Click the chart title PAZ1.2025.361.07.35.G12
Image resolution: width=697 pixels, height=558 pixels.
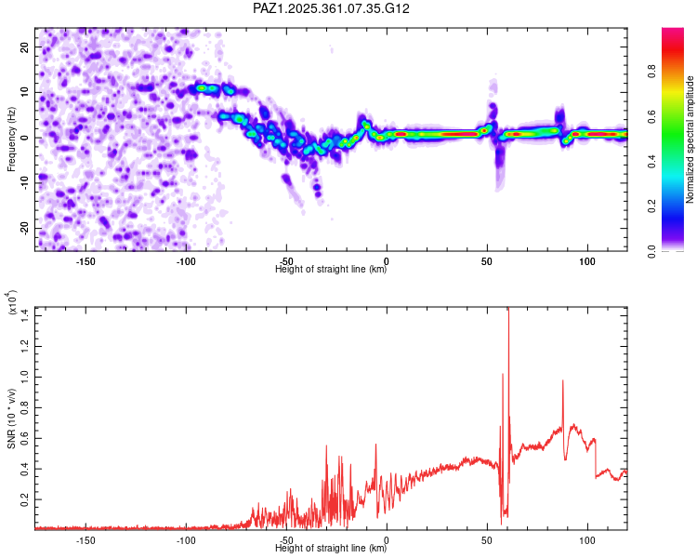tap(332, 8)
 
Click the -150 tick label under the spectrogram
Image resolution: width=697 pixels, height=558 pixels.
tap(85, 262)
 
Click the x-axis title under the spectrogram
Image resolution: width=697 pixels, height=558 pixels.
tap(331, 270)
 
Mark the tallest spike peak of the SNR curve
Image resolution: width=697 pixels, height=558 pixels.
tap(508, 310)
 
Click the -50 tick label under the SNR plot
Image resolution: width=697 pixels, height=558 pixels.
tap(286, 539)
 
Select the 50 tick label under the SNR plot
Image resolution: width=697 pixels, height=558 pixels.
tap(487, 539)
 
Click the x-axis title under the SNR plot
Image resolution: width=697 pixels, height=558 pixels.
tap(331, 548)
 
